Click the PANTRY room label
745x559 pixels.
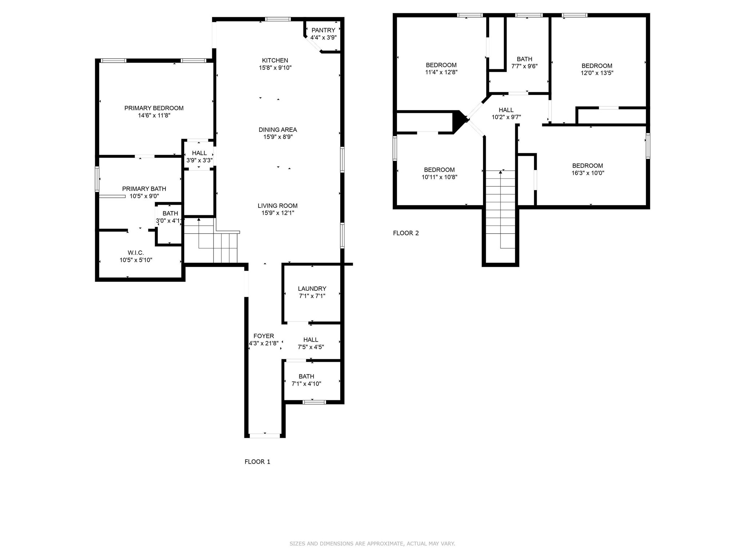(323, 30)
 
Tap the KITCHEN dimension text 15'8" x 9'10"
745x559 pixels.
(275, 68)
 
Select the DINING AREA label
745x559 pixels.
(278, 130)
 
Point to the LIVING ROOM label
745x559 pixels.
(278, 206)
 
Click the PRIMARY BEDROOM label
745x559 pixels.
(154, 108)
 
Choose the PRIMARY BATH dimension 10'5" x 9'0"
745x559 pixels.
(144, 196)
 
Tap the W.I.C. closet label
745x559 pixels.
(136, 253)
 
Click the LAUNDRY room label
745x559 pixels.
(312, 289)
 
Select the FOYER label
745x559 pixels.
(264, 336)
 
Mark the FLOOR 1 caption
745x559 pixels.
(257, 462)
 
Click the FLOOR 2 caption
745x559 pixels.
(406, 233)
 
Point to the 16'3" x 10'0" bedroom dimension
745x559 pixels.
(587, 173)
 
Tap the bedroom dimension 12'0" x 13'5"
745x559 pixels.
(597, 73)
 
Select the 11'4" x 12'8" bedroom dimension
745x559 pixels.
(441, 72)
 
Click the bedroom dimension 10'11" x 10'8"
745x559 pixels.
(439, 177)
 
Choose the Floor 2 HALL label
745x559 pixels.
(506, 110)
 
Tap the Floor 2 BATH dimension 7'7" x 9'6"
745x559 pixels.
(524, 66)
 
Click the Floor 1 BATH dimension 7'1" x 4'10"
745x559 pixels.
(306, 384)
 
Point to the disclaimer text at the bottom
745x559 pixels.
(372, 544)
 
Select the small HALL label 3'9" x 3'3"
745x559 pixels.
(199, 153)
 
